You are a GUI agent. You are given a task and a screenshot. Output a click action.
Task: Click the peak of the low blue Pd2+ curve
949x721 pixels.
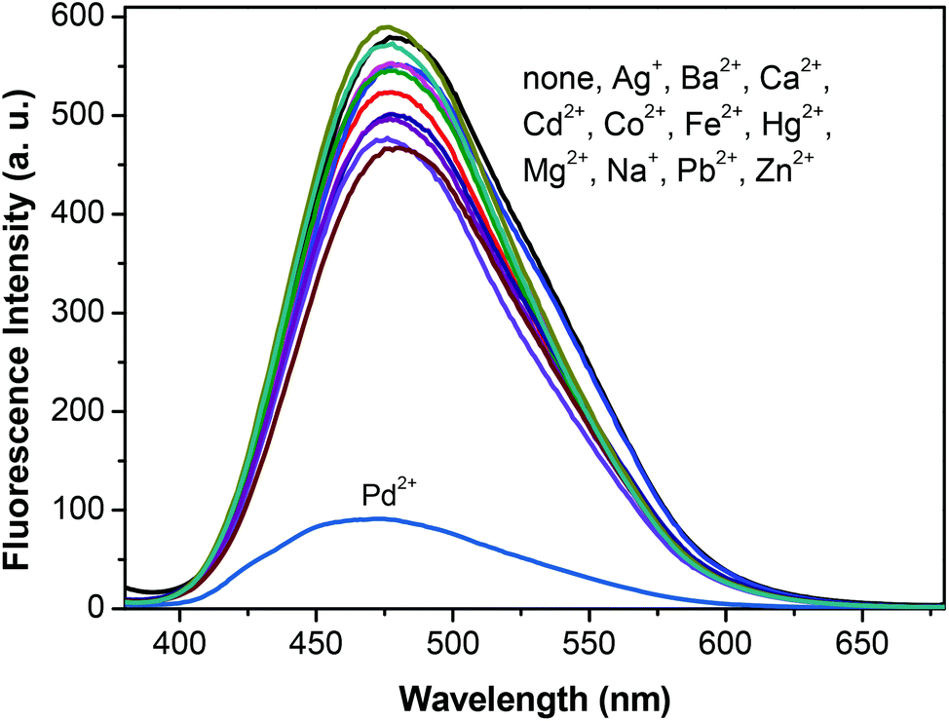pos(380,518)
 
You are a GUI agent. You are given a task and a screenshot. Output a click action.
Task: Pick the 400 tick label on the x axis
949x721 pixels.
pos(179,638)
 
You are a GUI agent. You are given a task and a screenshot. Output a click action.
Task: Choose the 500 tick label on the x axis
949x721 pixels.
pos(452,638)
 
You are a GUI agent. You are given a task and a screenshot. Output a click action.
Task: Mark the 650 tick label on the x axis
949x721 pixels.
pos(862,638)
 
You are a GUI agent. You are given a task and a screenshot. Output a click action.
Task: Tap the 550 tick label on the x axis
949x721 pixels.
pos(588,638)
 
